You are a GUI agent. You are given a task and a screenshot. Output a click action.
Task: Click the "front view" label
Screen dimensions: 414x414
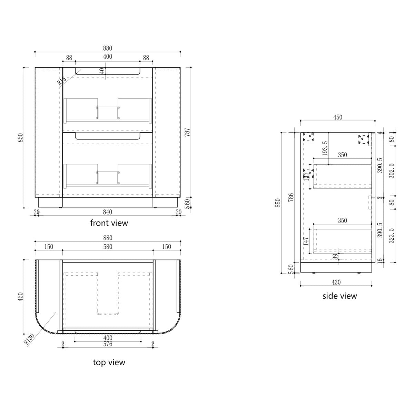[109, 223]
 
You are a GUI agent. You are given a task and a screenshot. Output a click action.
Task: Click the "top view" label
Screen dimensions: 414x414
[109, 362]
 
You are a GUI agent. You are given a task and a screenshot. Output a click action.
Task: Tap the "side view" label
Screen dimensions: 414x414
[339, 296]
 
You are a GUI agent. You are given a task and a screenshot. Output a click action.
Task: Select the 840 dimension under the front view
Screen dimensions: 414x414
[108, 211]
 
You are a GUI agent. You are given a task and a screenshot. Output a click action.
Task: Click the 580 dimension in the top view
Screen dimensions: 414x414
[108, 247]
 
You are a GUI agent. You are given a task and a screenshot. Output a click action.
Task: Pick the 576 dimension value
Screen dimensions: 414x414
[108, 344]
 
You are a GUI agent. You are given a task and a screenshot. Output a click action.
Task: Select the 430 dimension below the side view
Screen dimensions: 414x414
[336, 282]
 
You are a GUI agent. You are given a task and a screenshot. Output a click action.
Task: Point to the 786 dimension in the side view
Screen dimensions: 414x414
[291, 198]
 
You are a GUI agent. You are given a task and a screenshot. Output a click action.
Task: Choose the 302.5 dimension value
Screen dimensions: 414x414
[391, 170]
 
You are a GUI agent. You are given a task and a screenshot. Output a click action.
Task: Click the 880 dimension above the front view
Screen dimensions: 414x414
[108, 48]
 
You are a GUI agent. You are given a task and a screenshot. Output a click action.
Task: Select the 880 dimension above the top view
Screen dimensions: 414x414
[108, 238]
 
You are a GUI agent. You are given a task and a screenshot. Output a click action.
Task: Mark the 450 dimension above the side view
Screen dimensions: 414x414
[337, 117]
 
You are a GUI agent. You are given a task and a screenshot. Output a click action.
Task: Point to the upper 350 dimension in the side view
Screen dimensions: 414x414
[342, 155]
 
